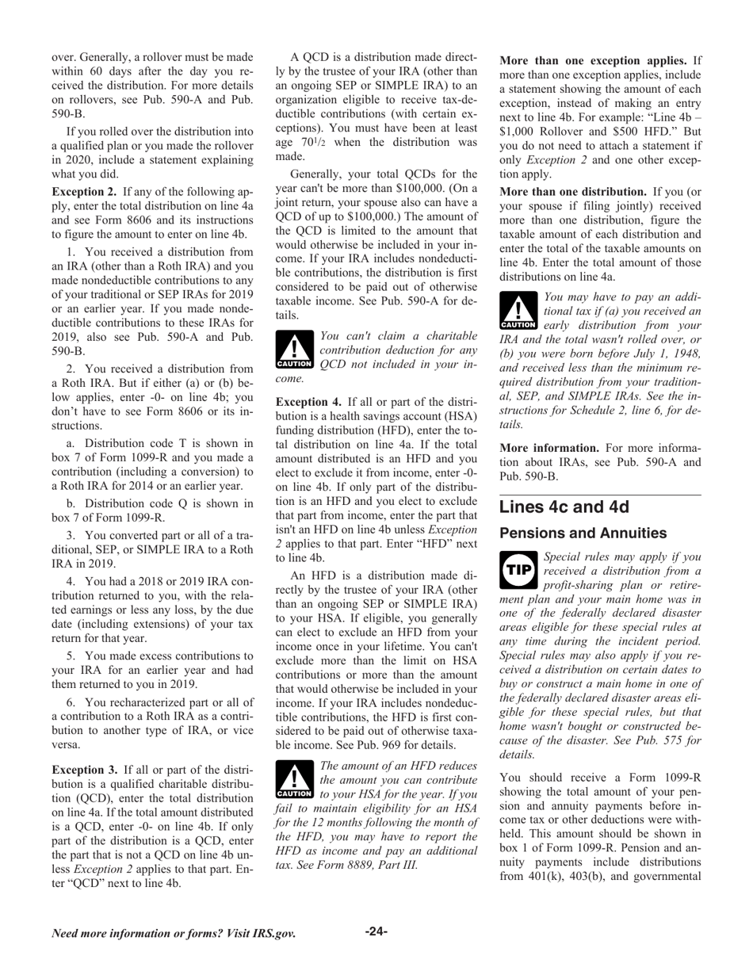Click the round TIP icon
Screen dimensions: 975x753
[518, 570]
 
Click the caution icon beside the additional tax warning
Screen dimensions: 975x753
[518, 311]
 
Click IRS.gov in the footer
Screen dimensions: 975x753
[271, 933]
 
